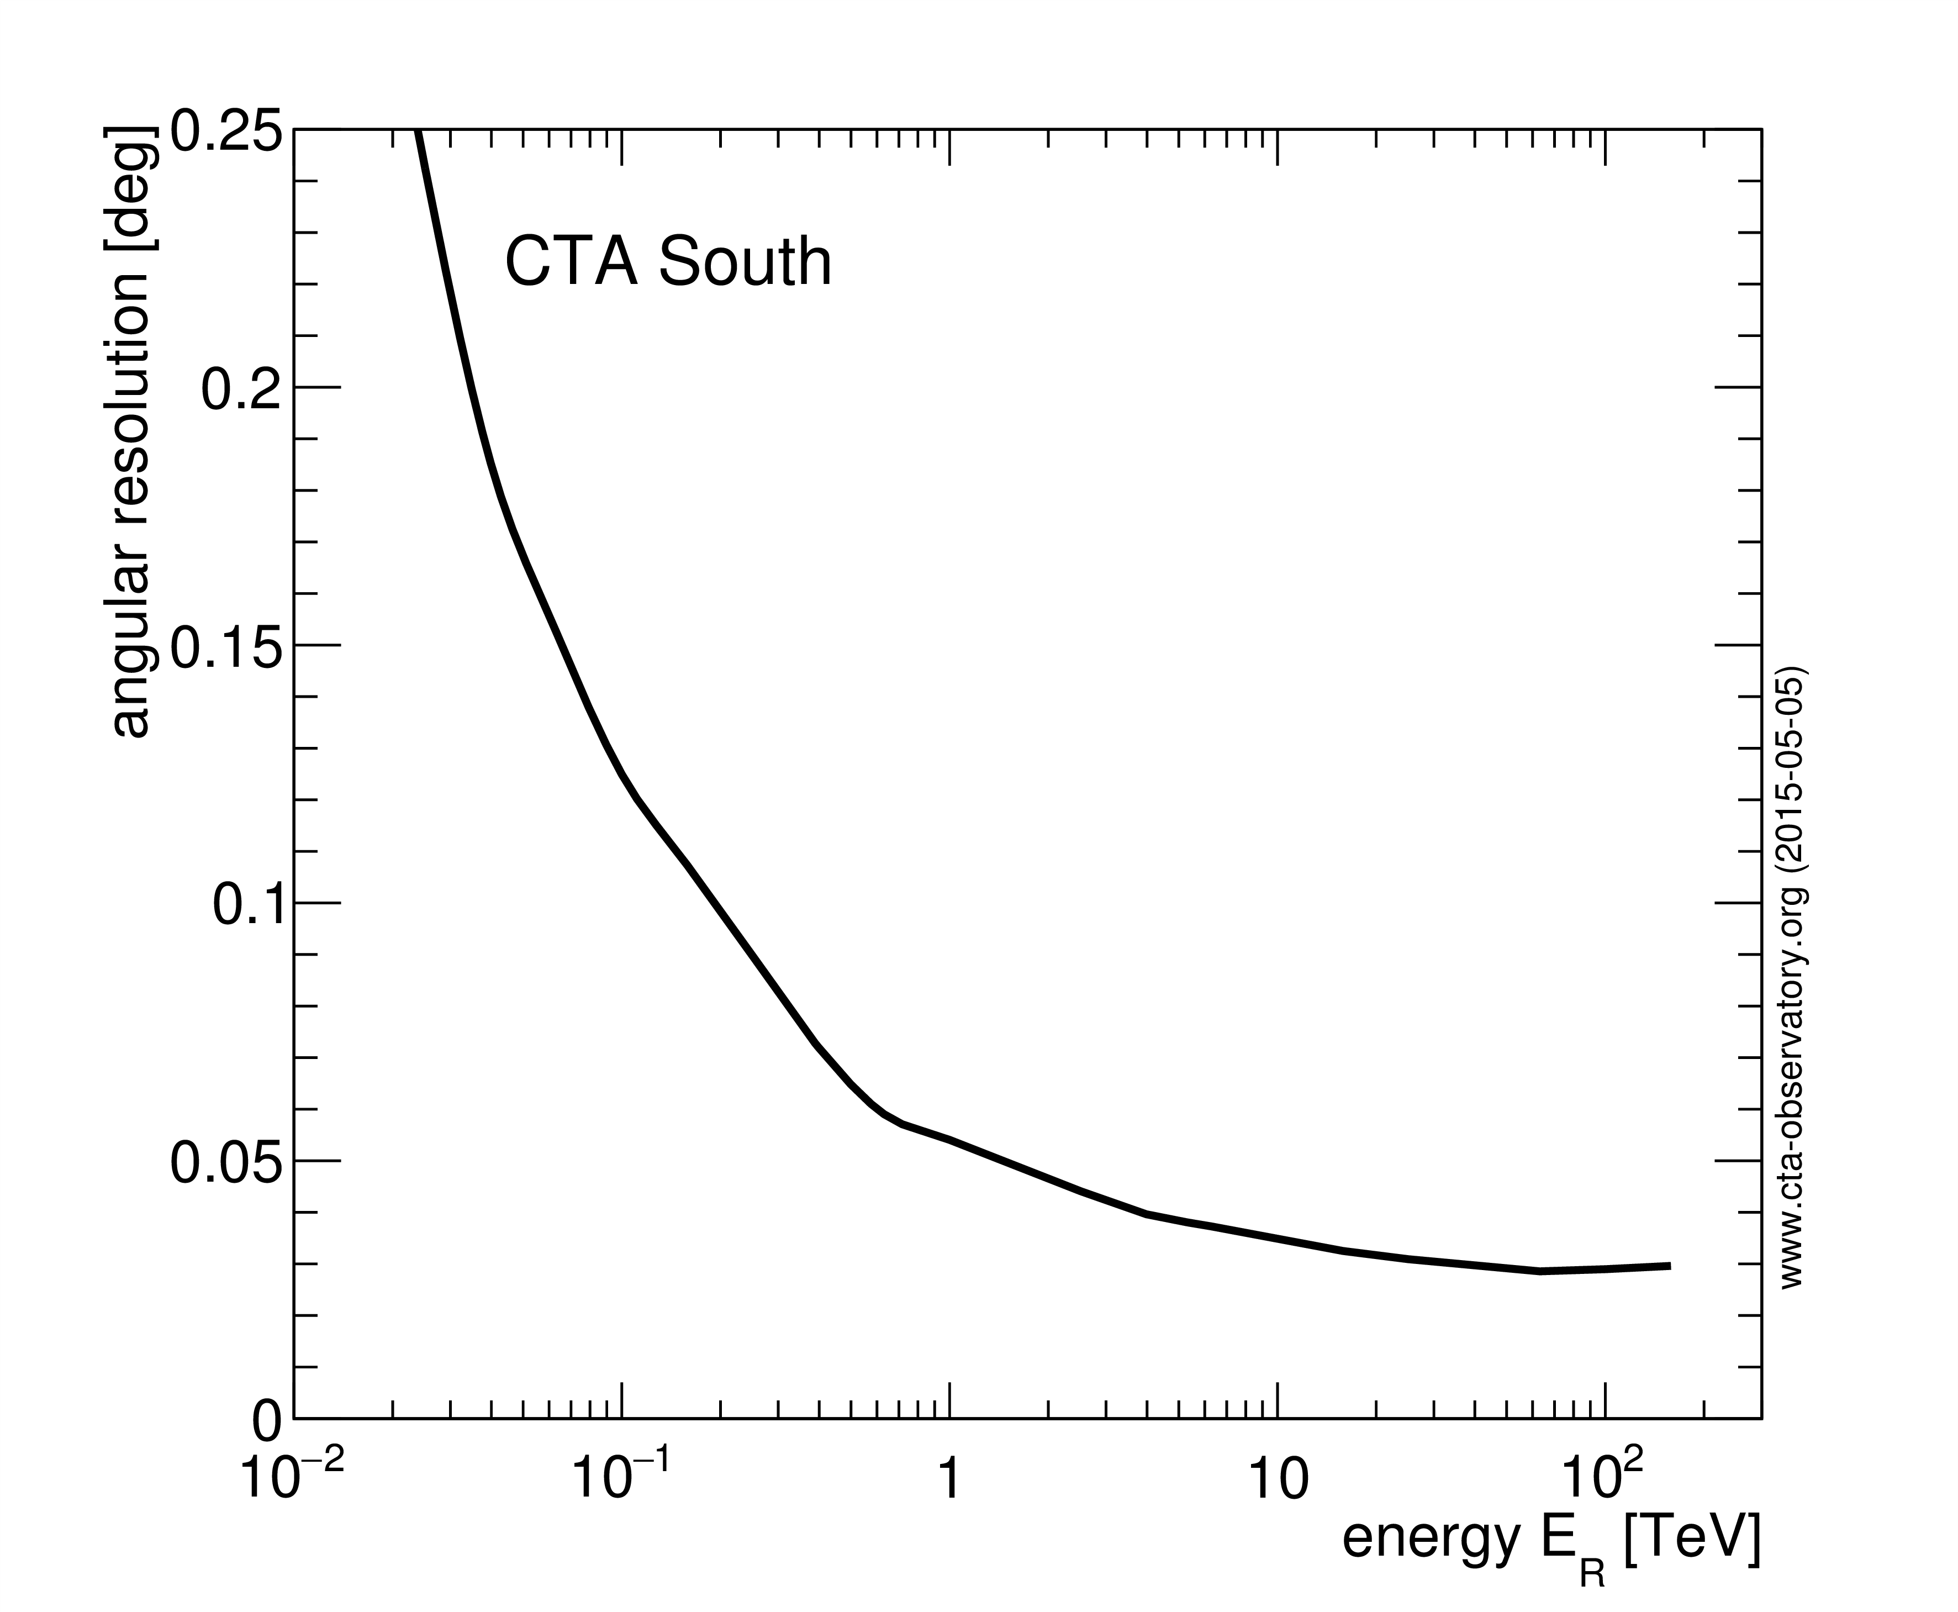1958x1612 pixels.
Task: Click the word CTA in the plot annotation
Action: click(x=570, y=262)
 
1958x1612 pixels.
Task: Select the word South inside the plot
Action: click(x=746, y=262)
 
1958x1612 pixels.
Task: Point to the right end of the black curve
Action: click(x=1670, y=1266)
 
